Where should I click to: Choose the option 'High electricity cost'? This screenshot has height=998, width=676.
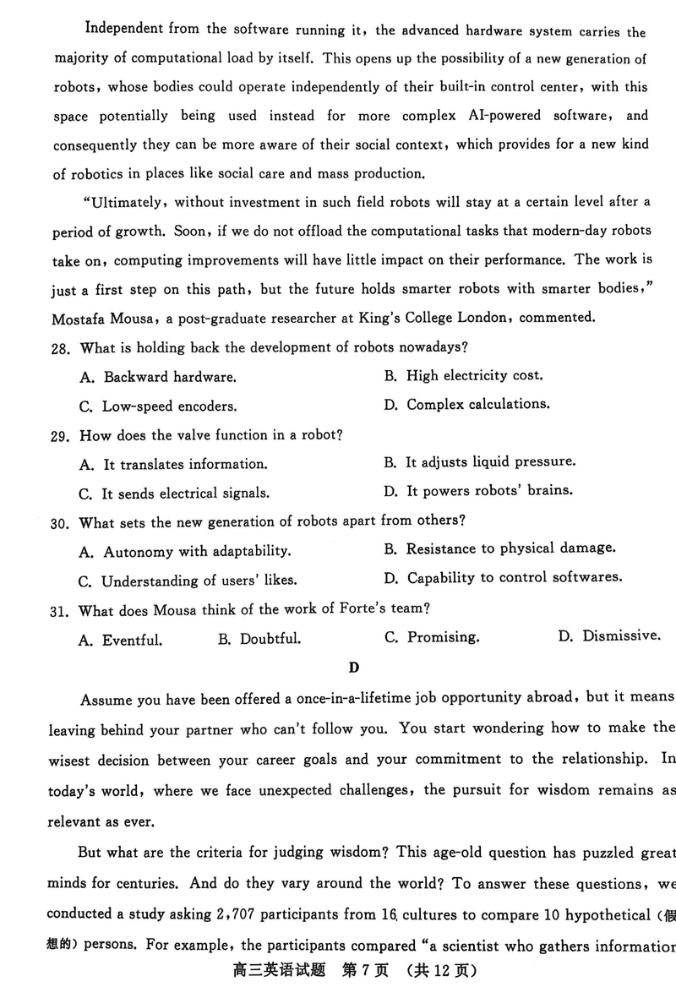click(474, 375)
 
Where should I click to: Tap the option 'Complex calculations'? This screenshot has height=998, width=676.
click(477, 404)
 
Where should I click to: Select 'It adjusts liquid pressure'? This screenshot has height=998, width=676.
click(490, 462)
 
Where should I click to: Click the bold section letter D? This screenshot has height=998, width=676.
click(354, 668)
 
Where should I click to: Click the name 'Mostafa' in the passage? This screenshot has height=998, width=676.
click(82, 319)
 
